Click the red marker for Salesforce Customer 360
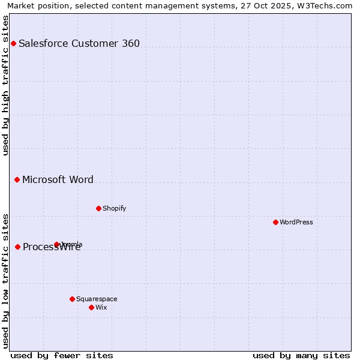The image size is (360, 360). [x=13, y=43]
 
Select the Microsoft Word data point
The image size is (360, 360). [x=17, y=179]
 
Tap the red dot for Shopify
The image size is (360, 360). [x=98, y=208]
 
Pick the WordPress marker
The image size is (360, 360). [x=275, y=222]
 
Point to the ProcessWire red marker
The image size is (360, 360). [x=18, y=247]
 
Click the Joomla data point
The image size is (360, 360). [x=57, y=244]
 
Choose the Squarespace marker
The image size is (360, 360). [x=72, y=299]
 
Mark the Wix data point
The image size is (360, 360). [x=91, y=307]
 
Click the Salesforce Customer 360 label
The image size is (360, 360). [x=79, y=43]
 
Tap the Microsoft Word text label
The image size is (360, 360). [x=58, y=179]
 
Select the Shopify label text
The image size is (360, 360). [x=114, y=208]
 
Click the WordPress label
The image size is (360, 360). [x=296, y=222]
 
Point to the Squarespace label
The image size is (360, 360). [x=97, y=299]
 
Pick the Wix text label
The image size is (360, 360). [x=101, y=307]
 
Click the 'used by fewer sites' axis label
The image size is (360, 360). [x=62, y=355]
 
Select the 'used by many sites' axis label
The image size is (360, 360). [x=301, y=355]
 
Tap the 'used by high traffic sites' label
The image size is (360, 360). [x=5, y=85]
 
